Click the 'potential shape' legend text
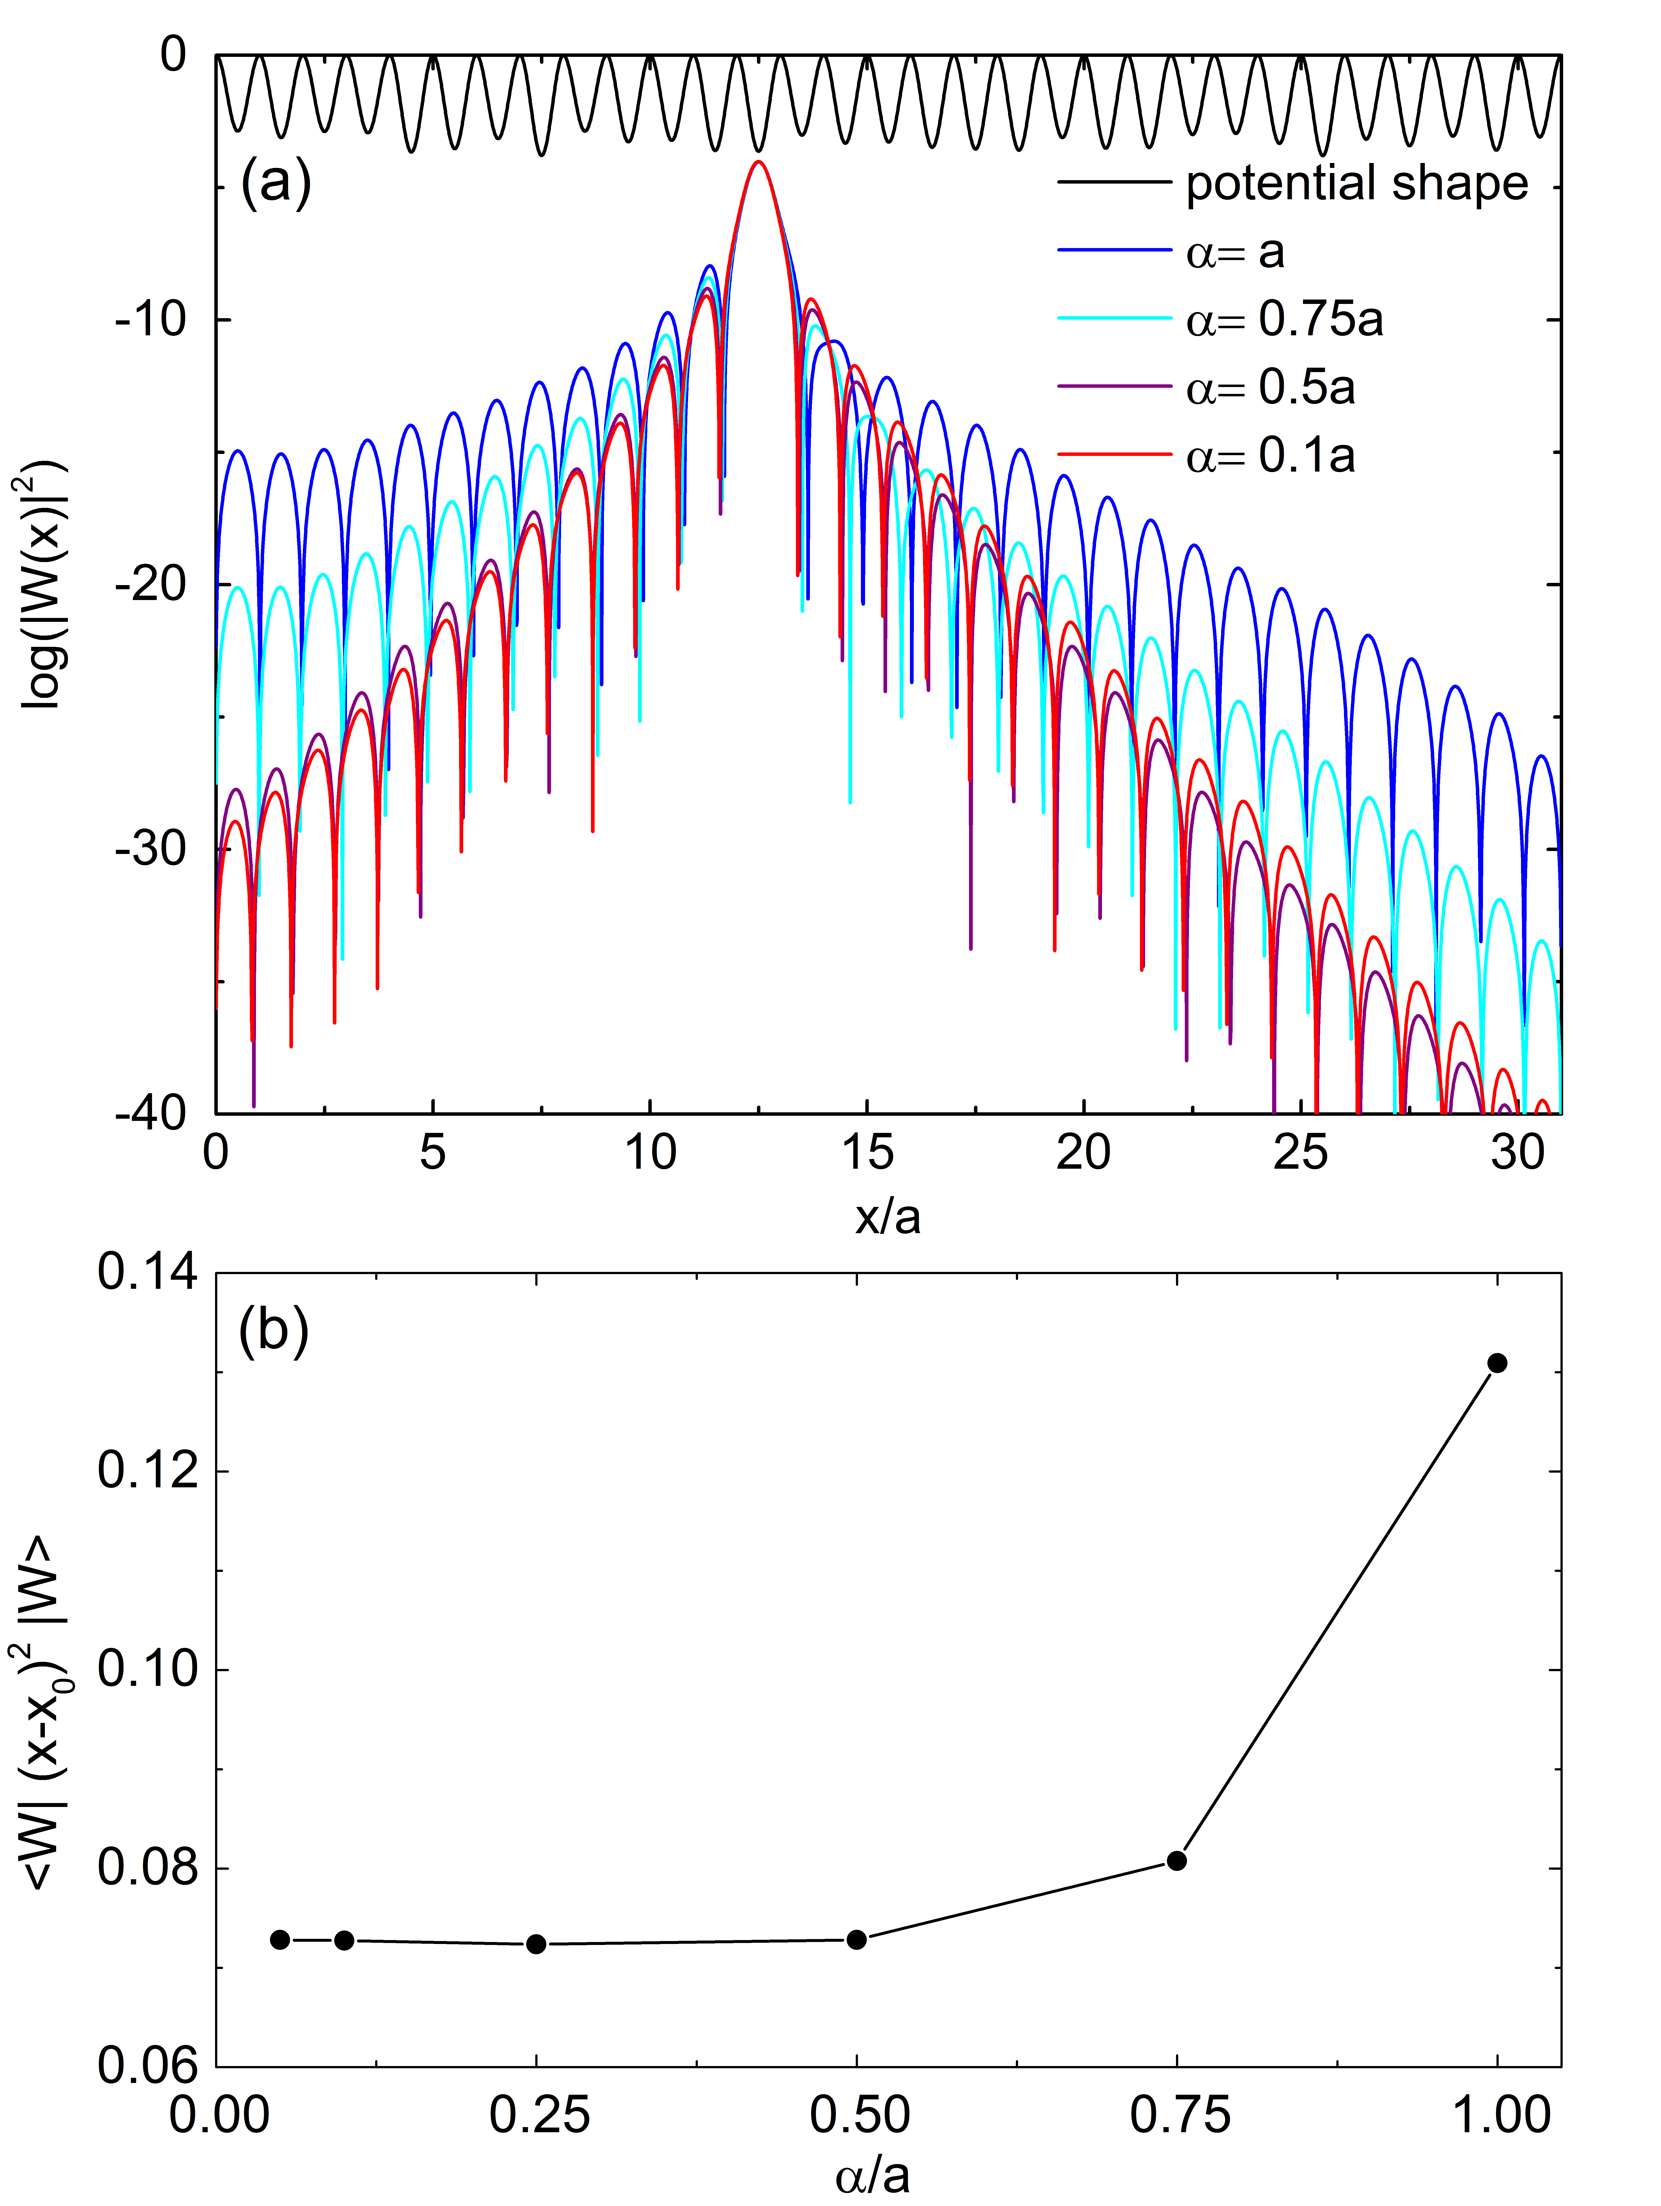pos(1357,184)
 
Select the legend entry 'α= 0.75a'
pos(1284,320)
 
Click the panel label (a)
pos(275,184)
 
